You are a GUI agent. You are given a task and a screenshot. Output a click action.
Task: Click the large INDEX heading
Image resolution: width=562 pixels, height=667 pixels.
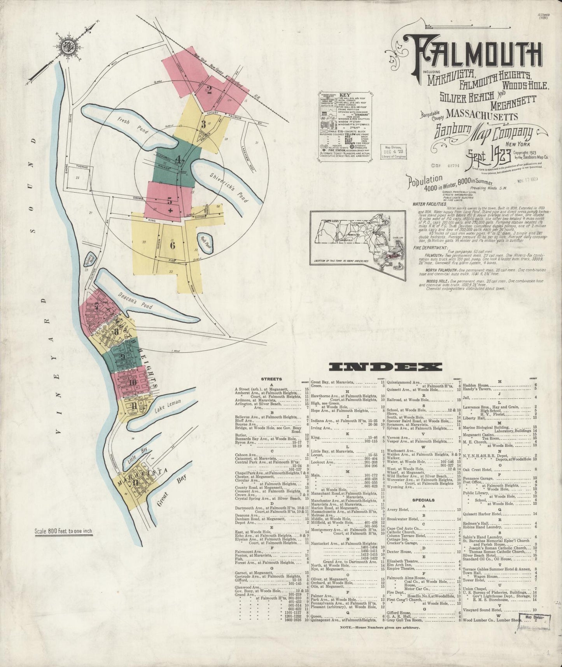pyautogui.click(x=385, y=367)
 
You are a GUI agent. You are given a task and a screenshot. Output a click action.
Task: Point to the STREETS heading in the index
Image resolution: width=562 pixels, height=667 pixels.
pyautogui.click(x=271, y=378)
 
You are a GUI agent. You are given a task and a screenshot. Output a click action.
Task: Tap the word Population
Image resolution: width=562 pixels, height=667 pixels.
pyautogui.click(x=425, y=180)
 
